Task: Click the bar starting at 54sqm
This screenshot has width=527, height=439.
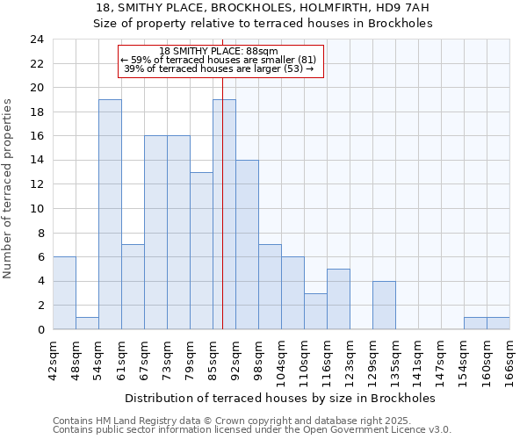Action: click(x=110, y=214)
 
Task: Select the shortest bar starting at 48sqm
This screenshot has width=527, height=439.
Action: click(x=87, y=323)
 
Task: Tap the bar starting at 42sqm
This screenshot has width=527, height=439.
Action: click(x=64, y=293)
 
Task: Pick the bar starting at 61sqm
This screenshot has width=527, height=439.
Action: click(x=133, y=287)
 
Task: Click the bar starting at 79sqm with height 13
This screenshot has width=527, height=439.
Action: click(x=201, y=251)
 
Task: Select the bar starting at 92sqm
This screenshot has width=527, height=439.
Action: click(x=247, y=245)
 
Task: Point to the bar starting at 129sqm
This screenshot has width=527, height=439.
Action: click(x=384, y=306)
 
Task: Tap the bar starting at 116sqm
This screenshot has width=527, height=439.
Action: click(x=338, y=299)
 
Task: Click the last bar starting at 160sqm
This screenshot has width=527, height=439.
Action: click(x=498, y=323)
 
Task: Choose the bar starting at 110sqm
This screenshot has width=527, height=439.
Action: click(x=315, y=312)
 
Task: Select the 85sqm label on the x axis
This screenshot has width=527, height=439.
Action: click(x=213, y=358)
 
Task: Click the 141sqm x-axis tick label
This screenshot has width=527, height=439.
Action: click(x=419, y=358)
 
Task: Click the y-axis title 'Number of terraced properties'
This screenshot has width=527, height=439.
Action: click(x=9, y=188)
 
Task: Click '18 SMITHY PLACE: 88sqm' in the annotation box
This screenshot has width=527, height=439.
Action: click(x=220, y=52)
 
